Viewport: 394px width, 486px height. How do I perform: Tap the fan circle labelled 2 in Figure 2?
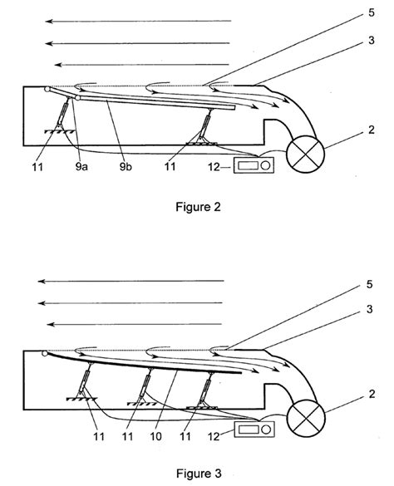pyautogui.click(x=304, y=153)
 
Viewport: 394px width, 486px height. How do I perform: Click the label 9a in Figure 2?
pyautogui.click(x=81, y=167)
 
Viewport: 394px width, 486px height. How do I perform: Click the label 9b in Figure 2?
pyautogui.click(x=126, y=167)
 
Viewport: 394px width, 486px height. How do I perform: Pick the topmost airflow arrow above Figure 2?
pyautogui.click(x=137, y=19)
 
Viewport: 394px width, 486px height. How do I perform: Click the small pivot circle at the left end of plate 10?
pyautogui.click(x=45, y=354)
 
